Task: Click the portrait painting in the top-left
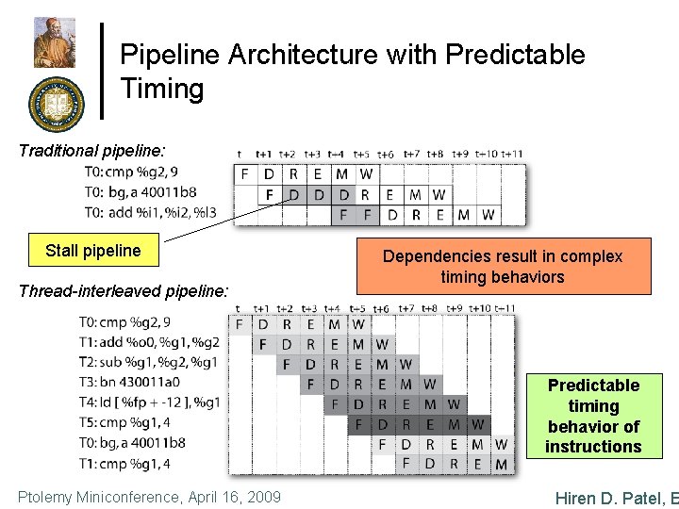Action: [x=55, y=42]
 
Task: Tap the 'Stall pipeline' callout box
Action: [x=92, y=251]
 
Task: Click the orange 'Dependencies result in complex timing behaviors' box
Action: [x=502, y=266]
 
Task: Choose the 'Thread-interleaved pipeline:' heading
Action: [x=124, y=291]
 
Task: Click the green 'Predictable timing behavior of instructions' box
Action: [x=593, y=416]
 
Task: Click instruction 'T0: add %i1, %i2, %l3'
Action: [x=150, y=212]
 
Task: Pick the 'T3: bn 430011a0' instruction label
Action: [x=130, y=382]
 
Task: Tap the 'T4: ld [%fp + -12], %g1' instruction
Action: [x=150, y=402]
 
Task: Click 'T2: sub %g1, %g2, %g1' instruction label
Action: [x=150, y=362]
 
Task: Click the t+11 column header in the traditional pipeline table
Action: [x=511, y=154]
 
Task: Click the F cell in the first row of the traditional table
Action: [x=245, y=173]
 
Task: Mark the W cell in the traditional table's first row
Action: [x=366, y=173]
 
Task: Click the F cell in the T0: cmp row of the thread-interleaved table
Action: [x=240, y=325]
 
